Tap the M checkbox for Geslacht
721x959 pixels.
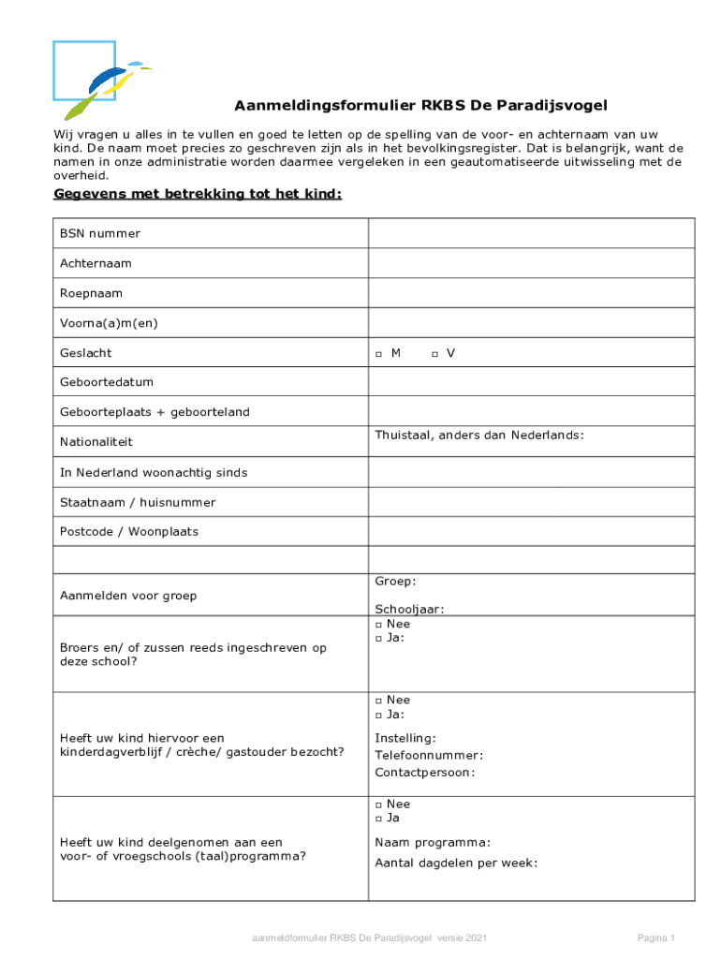tap(378, 354)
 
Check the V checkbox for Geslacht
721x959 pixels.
tap(434, 354)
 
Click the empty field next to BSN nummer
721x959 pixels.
tap(531, 233)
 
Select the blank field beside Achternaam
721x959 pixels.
tap(531, 263)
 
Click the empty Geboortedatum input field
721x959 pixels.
tap(531, 383)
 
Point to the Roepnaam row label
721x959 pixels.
tap(92, 293)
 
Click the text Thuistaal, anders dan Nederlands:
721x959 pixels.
tap(479, 435)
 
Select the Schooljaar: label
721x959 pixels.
tap(409, 609)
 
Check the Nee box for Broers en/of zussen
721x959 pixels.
tap(378, 625)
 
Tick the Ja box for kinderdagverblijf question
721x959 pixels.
tap(378, 715)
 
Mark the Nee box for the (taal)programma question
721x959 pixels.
tap(378, 804)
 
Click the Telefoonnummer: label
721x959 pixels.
tap(429, 755)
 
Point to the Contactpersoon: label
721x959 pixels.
tap(425, 773)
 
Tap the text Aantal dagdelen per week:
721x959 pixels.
tap(456, 863)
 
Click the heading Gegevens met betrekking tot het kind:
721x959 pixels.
tap(198, 194)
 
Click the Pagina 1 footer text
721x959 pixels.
tap(656, 937)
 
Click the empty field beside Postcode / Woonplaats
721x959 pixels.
tap(531, 532)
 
